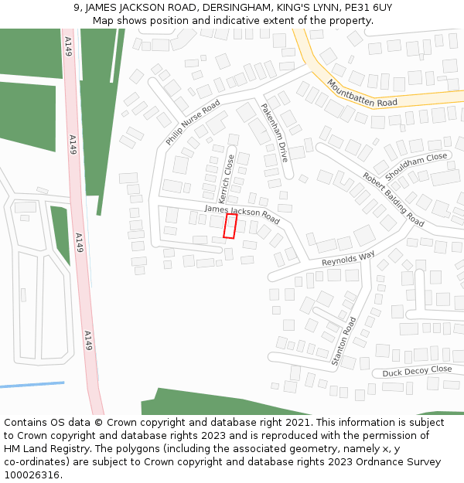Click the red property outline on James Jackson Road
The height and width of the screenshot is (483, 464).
[x=230, y=226]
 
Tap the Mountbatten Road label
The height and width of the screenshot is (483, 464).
[x=361, y=93]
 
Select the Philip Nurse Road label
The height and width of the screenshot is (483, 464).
[x=193, y=122]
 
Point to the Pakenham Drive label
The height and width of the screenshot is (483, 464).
[x=274, y=132]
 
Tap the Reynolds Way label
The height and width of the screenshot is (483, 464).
[x=348, y=257]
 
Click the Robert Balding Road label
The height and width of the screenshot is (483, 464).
[x=393, y=199]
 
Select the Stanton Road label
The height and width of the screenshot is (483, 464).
[x=343, y=340]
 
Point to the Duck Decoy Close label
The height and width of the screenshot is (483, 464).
[x=417, y=371]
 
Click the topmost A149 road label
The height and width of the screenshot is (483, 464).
[x=69, y=46]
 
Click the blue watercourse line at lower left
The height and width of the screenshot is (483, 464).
[x=31, y=385]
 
